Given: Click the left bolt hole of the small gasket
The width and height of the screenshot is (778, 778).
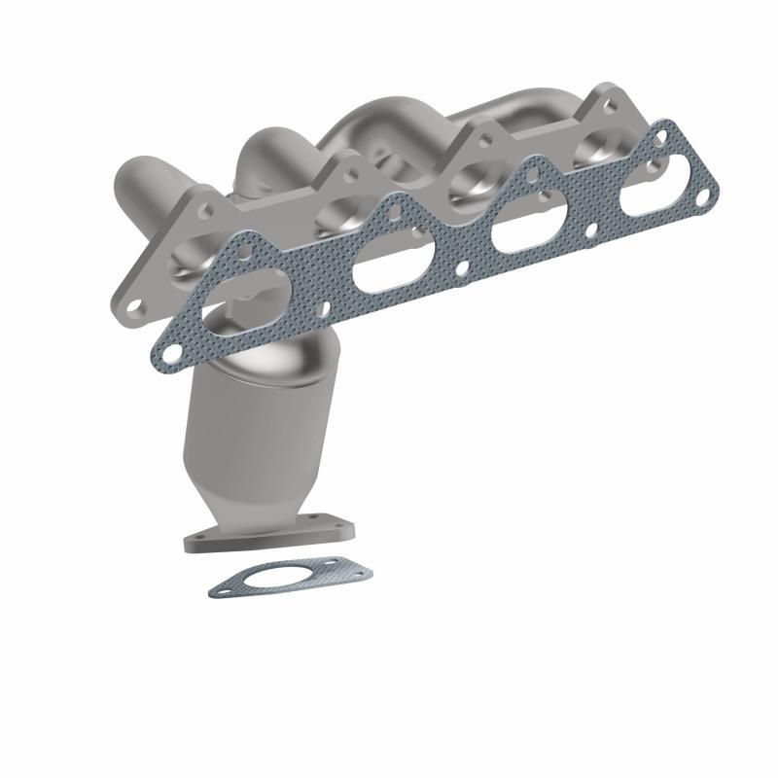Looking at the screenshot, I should [x=225, y=587].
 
